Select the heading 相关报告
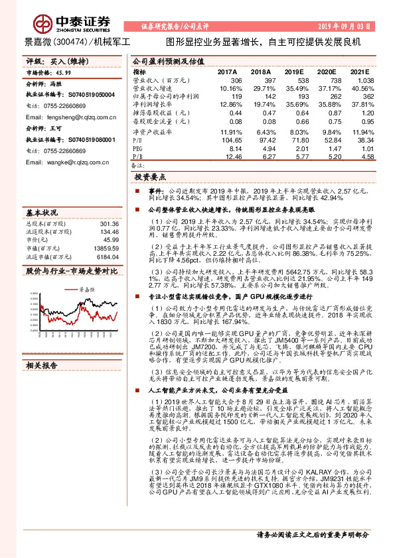pyautogui.click(x=42, y=364)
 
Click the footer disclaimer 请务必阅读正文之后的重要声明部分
pyautogui.click(x=313, y=534)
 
